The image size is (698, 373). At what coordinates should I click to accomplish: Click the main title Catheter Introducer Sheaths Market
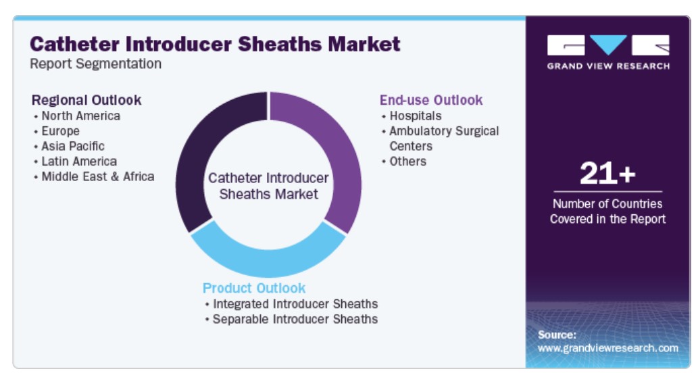[x=215, y=45]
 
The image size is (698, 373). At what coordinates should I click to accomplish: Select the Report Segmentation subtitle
[x=96, y=64]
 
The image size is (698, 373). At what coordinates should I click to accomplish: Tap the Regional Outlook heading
[x=86, y=100]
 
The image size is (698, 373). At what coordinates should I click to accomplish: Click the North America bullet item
[x=80, y=116]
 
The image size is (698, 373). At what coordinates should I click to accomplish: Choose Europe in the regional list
[x=61, y=131]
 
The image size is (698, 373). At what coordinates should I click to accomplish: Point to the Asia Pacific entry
[x=73, y=147]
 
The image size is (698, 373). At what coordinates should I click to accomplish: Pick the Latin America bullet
[x=79, y=161]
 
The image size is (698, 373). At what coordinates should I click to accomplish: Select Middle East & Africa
[x=98, y=177]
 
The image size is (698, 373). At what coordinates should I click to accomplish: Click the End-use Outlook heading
[x=431, y=100]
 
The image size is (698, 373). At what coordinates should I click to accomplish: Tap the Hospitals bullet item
[x=416, y=116]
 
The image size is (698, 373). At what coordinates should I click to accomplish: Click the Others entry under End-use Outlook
[x=407, y=161]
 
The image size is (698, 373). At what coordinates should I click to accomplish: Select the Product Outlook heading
[x=254, y=289]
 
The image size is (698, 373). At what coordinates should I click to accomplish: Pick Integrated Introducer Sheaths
[x=295, y=304]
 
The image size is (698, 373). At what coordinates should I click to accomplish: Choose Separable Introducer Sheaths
[x=295, y=319]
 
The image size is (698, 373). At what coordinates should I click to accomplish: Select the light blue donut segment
[x=268, y=259]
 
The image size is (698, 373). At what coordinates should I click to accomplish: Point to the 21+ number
[x=607, y=173]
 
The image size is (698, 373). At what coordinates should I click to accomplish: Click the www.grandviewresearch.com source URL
[x=608, y=348]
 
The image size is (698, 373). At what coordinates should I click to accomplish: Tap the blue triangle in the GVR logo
[x=608, y=44]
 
